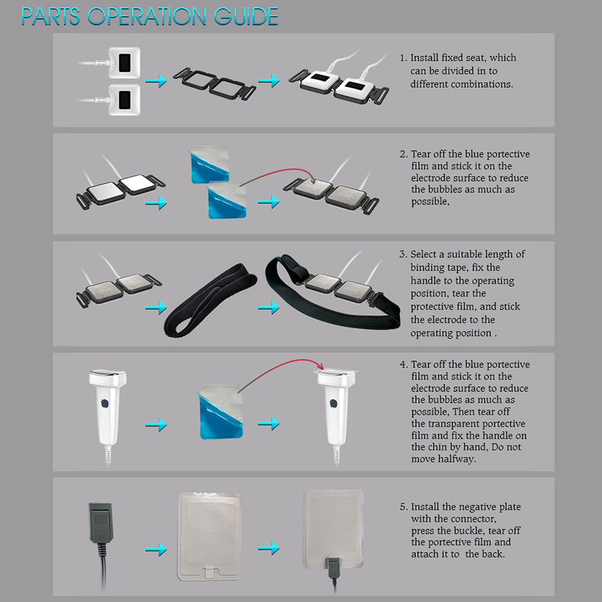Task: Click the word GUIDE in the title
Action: pos(246,16)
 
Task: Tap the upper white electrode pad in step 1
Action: pos(123,63)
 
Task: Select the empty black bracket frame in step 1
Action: pos(214,84)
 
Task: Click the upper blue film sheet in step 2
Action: pos(209,164)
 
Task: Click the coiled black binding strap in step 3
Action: pos(210,300)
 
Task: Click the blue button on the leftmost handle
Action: pos(105,403)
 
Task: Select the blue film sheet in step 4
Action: pos(220,412)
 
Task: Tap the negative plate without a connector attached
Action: pos(209,536)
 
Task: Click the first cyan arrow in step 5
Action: pos(156,550)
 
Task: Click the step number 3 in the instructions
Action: pos(402,254)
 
